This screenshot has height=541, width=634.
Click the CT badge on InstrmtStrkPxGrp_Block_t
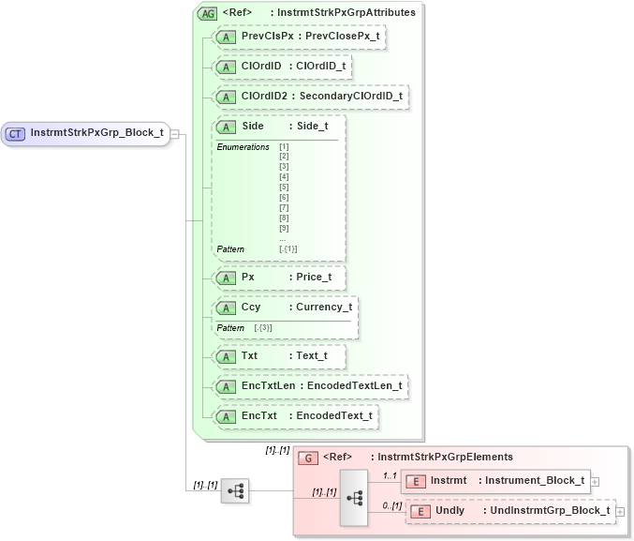pyautogui.click(x=15, y=133)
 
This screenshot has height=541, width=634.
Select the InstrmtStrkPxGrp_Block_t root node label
pyautogui.click(x=96, y=133)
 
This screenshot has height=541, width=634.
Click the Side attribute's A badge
pyautogui.click(x=227, y=127)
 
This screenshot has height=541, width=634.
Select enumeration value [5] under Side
pyautogui.click(x=284, y=188)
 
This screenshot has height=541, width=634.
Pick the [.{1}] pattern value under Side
pyautogui.click(x=288, y=249)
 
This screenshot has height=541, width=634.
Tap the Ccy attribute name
pyautogui.click(x=251, y=308)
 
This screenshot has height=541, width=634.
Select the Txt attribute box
pyautogui.click(x=279, y=356)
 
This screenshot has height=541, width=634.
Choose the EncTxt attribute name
pyautogui.click(x=259, y=415)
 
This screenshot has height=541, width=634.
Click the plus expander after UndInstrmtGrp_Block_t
pyautogui.click(x=619, y=512)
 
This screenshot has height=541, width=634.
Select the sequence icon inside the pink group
pyautogui.click(x=355, y=497)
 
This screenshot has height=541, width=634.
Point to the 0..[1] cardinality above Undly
pyautogui.click(x=392, y=505)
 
